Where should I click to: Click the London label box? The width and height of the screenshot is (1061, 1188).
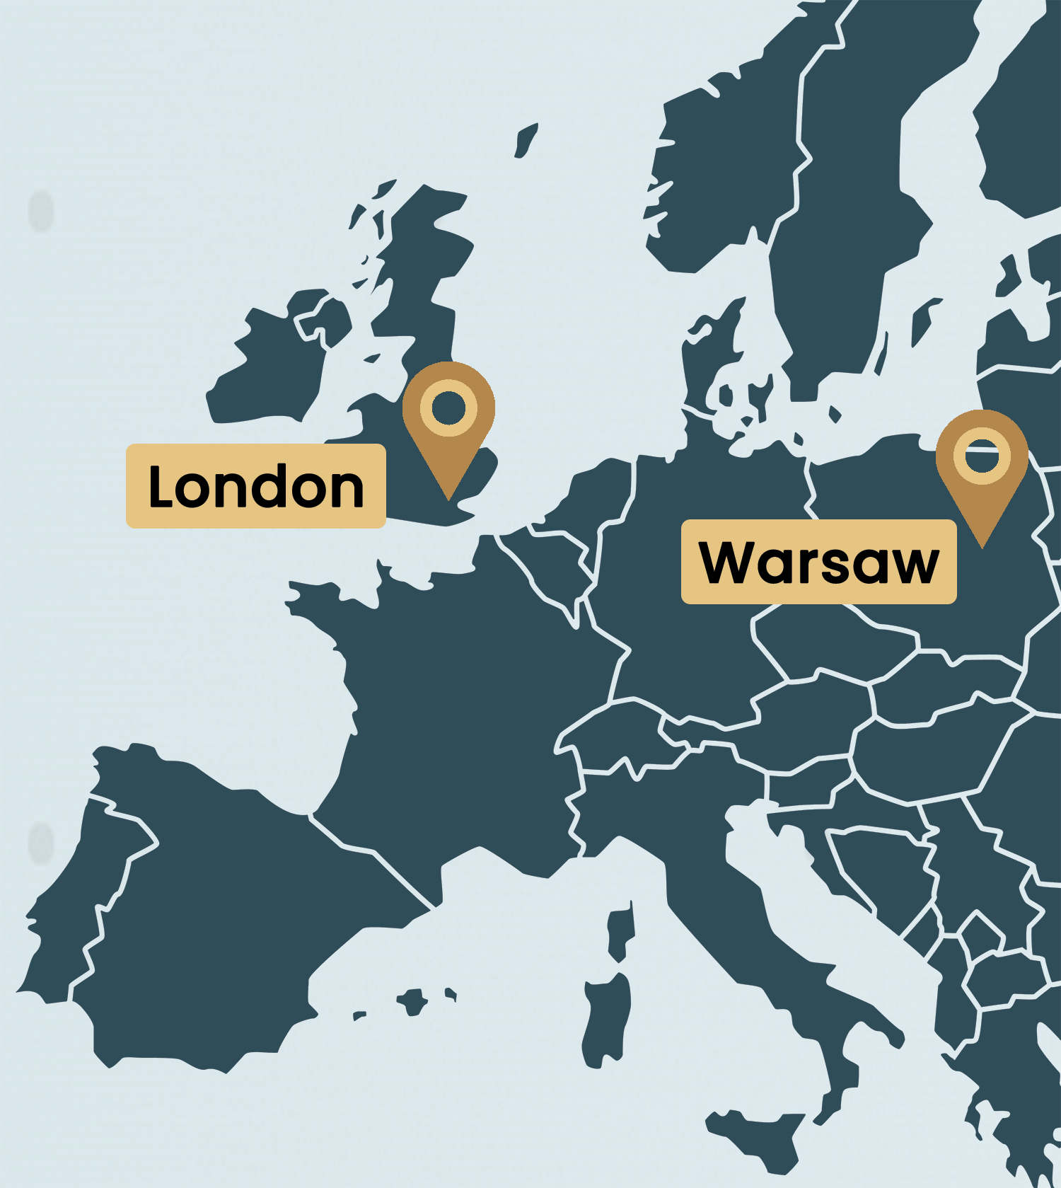point(255,486)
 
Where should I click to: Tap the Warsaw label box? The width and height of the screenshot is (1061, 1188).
point(818,562)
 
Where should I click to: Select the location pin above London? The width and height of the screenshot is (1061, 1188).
point(448,425)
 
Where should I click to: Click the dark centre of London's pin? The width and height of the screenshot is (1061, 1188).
point(448,408)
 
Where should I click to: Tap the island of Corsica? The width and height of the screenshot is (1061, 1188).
point(620,930)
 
